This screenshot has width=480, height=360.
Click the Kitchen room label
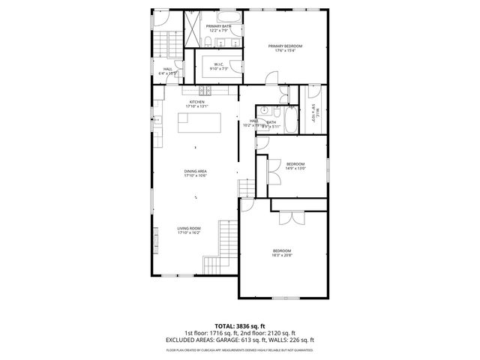pyautogui.click(x=196, y=102)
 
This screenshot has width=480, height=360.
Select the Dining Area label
pyautogui.click(x=196, y=172)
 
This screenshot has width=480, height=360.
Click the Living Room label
pyautogui.click(x=189, y=228)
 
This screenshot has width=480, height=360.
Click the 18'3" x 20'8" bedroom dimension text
pyautogui.click(x=282, y=255)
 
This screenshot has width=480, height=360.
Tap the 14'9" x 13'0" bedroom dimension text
pyautogui.click(x=295, y=169)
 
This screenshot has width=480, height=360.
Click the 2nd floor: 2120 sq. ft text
pyautogui.click(x=271, y=333)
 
